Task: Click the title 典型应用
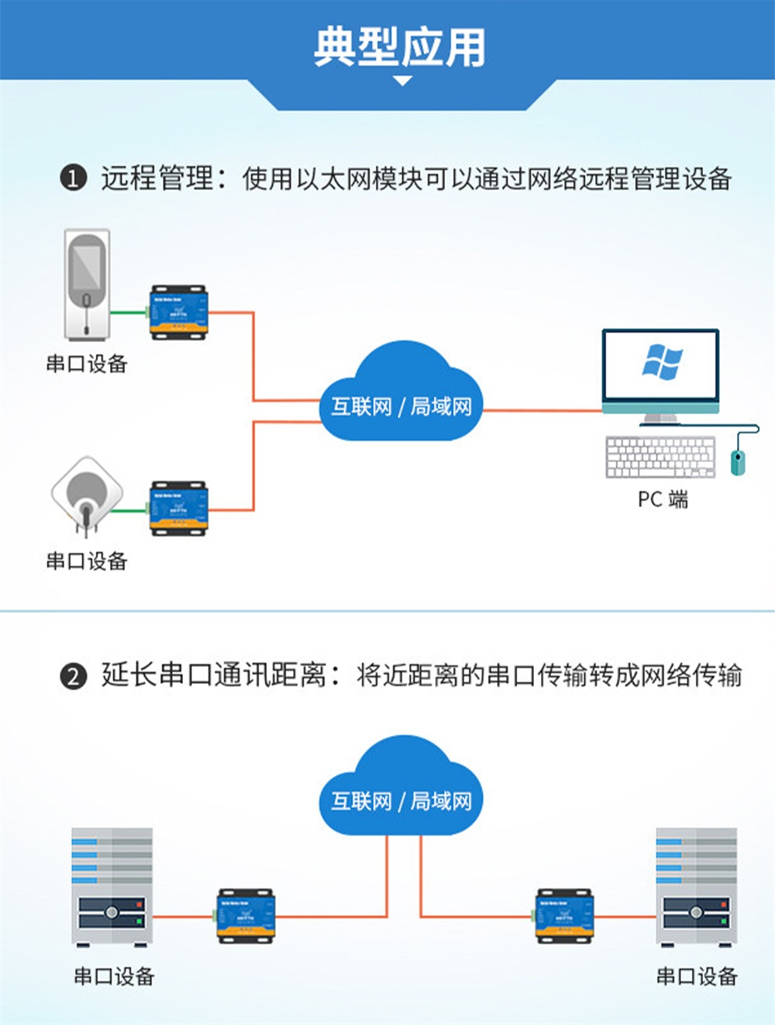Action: pos(400,47)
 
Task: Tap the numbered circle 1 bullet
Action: pos(73,179)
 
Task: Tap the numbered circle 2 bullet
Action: pos(73,676)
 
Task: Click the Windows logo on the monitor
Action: pos(662,362)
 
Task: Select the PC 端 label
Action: pos(663,499)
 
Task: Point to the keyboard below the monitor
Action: pos(660,457)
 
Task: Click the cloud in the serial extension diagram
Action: pos(401,787)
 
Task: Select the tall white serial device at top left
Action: pos(87,284)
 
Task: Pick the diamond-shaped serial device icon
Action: pos(87,495)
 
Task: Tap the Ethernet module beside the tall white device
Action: pos(178,312)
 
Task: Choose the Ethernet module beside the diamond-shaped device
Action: pos(178,509)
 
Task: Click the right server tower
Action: pos(696,887)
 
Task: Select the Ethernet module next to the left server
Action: pos(246,916)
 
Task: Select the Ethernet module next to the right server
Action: pos(565,916)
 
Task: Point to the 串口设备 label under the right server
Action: pos(696,976)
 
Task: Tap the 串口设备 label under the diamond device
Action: pos(87,561)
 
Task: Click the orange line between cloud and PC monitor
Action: pos(542,410)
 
